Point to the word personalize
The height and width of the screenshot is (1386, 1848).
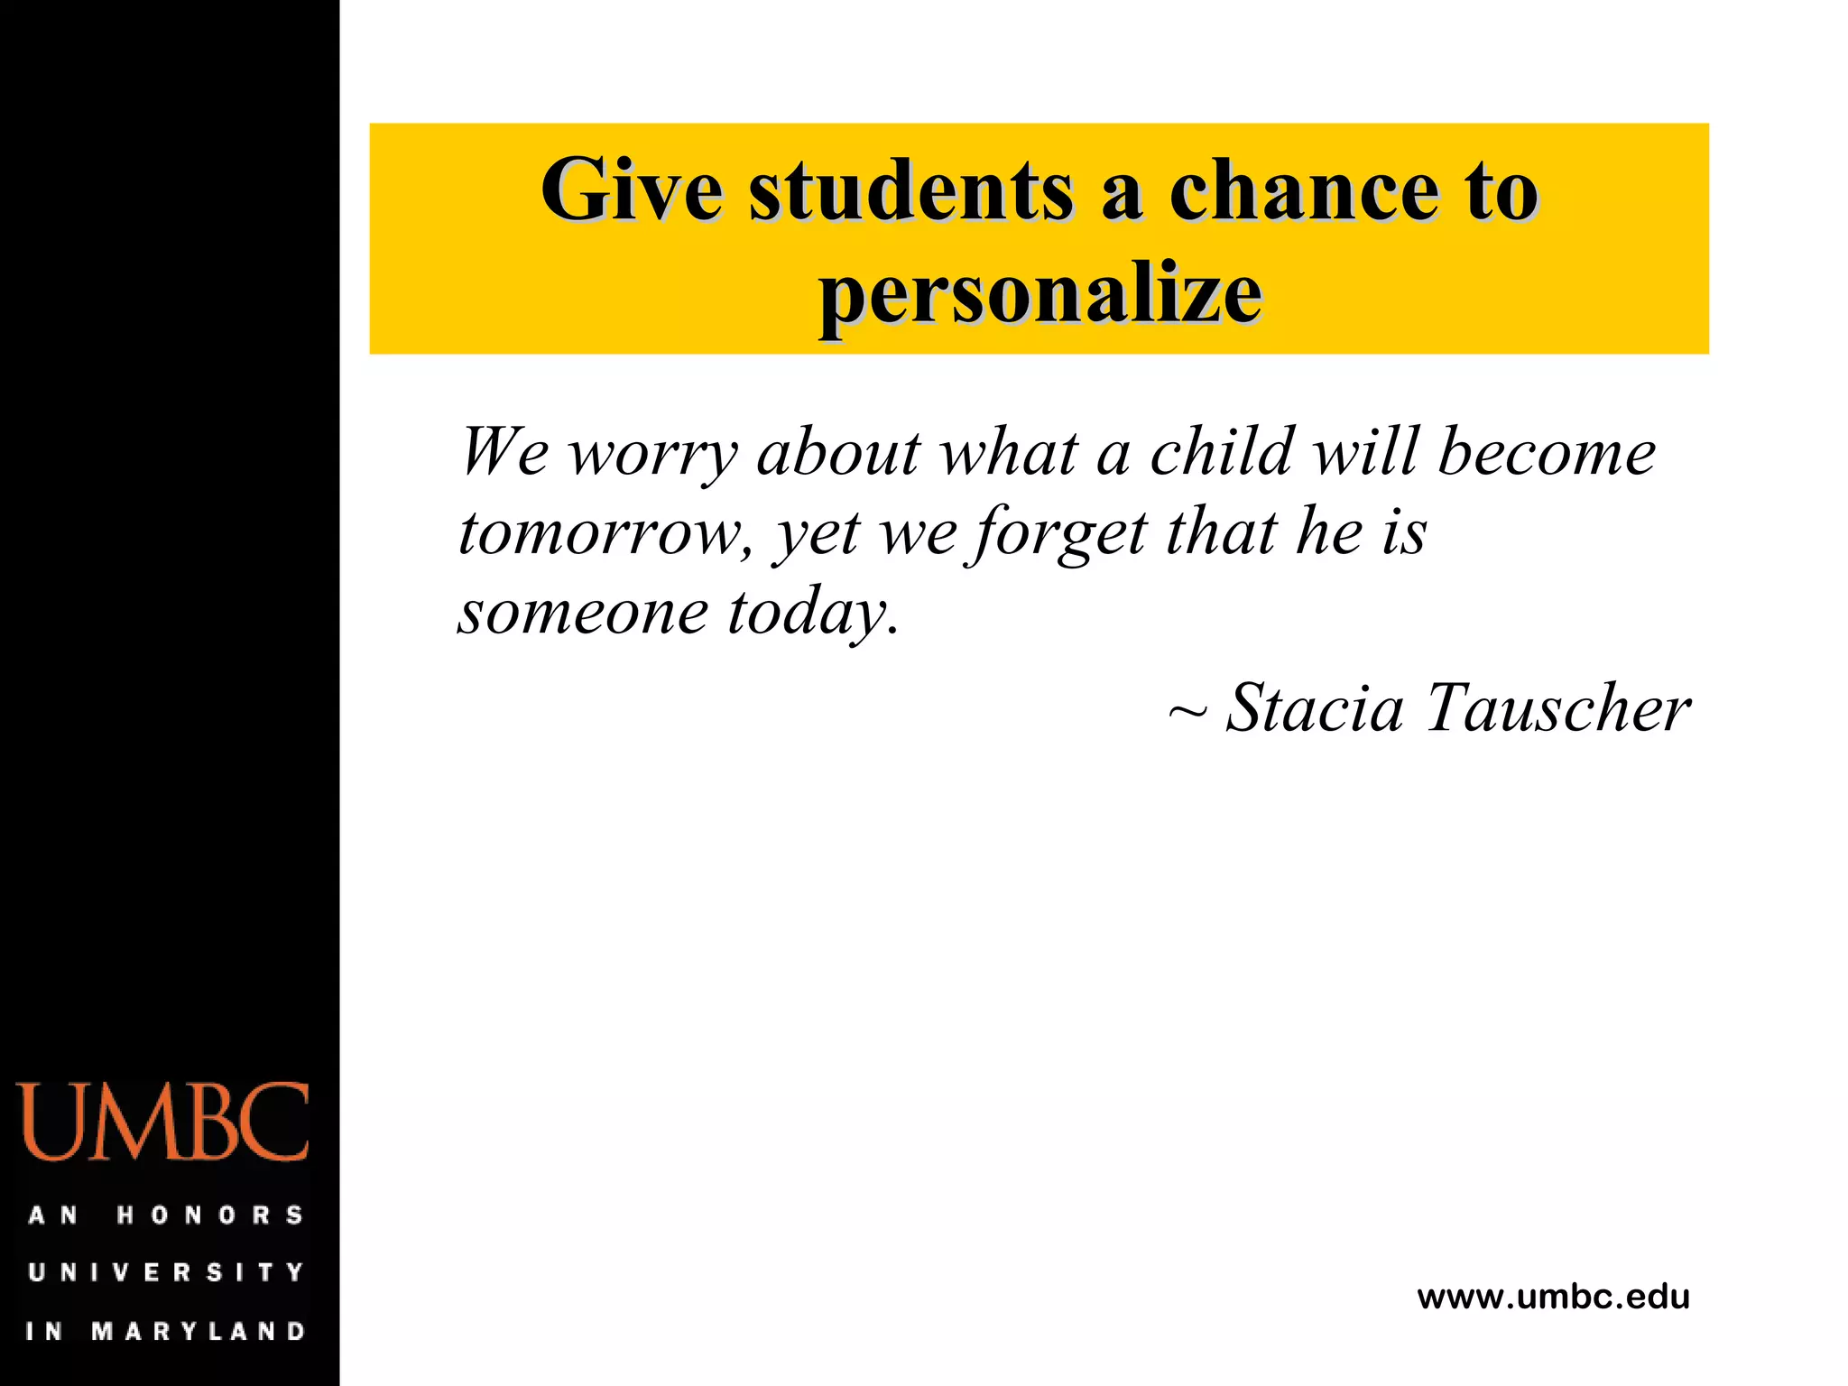coord(1039,294)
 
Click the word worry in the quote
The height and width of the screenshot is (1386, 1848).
coord(652,454)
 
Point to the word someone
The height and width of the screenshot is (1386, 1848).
coord(583,612)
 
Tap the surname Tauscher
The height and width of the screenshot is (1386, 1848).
coord(1558,707)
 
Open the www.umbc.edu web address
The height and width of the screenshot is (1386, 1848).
coord(1553,1297)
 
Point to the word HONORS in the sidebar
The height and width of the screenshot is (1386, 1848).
coord(209,1215)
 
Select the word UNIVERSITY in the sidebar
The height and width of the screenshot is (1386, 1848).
coord(166,1272)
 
